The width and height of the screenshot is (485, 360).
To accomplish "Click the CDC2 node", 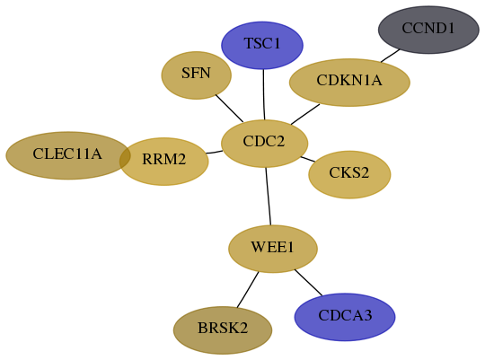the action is coord(264,144).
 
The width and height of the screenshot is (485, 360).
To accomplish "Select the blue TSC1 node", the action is coord(262,45).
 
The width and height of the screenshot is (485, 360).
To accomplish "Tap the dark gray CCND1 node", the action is coord(428,30).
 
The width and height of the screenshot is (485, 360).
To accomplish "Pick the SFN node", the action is coord(196,75).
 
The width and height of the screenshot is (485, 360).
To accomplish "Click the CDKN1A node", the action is coord(349,83).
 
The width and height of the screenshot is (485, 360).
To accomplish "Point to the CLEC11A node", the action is coord(67,155).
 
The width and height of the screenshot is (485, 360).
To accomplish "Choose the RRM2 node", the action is coord(164,162).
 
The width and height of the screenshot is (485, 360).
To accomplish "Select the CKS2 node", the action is coord(349,175).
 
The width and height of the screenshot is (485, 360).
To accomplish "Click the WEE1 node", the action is coord(273,249).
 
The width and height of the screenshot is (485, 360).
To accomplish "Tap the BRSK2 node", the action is coord(223,330).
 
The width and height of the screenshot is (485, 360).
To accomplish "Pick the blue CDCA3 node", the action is coord(345,317).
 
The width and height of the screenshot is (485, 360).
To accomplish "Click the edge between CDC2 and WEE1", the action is coord(269,197).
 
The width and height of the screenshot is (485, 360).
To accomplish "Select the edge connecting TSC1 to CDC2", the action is coord(263,94).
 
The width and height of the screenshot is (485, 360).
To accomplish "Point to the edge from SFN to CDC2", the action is coord(229,109).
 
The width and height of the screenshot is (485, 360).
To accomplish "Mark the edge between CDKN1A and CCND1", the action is coord(391,56).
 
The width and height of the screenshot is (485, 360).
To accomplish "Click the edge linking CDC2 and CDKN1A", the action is coord(305,114).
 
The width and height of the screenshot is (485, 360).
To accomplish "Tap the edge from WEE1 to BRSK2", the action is coord(248,289).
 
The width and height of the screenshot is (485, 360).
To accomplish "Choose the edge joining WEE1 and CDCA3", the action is coord(308,283).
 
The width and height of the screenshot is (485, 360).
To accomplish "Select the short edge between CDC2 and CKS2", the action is coord(308,159).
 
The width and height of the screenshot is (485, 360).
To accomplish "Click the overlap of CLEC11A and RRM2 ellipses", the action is coord(125,158).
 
